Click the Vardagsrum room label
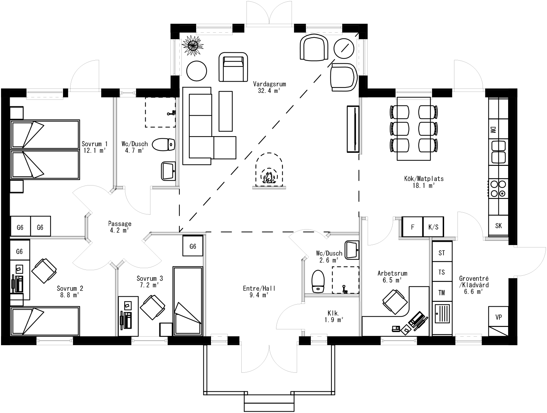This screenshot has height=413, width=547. pos(269,87)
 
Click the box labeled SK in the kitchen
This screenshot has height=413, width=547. pos(498,226)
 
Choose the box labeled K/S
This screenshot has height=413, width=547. pos(433,227)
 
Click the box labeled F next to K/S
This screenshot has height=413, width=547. pos(412,227)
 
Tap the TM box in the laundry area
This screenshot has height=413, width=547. pos(441,293)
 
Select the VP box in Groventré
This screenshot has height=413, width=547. pos(498,317)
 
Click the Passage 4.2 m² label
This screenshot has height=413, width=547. pos(119,227)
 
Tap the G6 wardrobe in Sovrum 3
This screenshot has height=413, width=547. pos(193,246)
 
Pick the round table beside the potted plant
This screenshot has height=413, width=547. pos(197,71)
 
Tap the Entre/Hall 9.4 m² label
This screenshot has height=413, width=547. pos(259,292)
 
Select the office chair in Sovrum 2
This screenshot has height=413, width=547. pos(44,271)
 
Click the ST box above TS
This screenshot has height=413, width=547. pos(441,253)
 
